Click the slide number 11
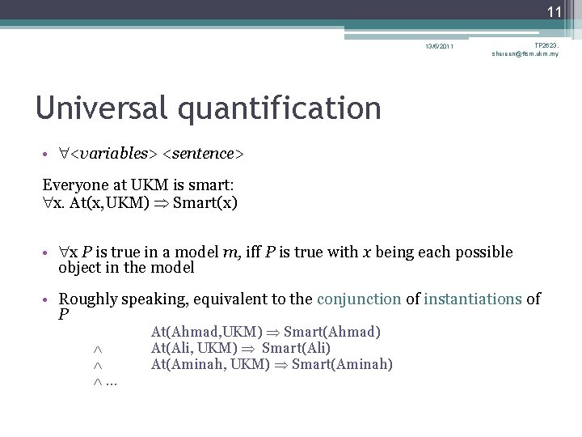pos(555,11)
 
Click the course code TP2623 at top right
pos(546,45)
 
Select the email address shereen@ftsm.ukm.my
pos(525,54)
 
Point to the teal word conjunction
pos(359,299)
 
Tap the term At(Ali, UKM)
pos(190,348)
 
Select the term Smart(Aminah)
pos(342,364)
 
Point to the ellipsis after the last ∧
pos(112,382)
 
